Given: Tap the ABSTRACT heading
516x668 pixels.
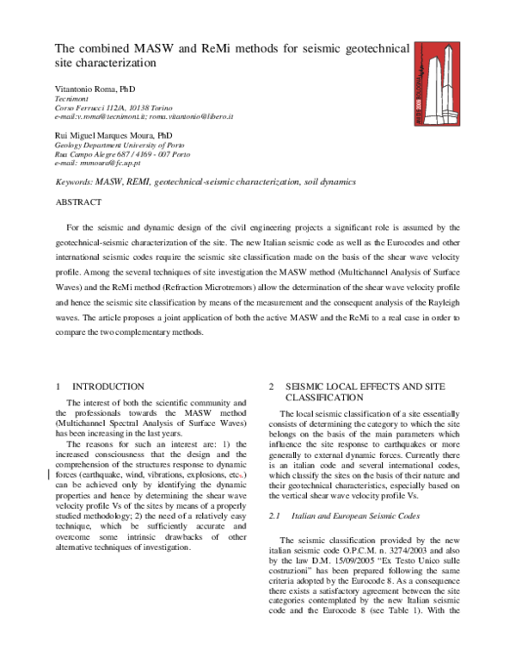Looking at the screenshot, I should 78,202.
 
